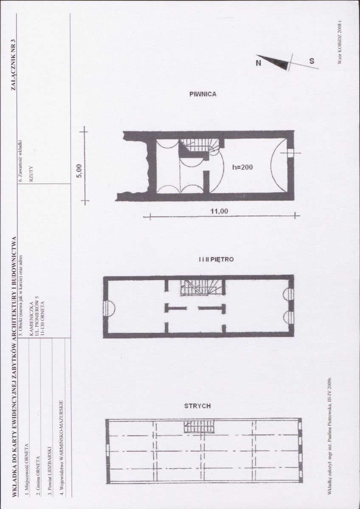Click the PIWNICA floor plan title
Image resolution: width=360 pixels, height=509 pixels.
[202, 94]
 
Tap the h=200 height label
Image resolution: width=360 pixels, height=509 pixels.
[242, 167]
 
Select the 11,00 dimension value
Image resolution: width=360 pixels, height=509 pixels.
[219, 211]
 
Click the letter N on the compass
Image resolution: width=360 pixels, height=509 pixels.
[259, 63]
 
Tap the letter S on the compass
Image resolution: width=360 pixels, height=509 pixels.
[311, 61]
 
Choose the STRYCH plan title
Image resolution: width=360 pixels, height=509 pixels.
[197, 406]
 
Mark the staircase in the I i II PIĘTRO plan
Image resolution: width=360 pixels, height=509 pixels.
[201, 287]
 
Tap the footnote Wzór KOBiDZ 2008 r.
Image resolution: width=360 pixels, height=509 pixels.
[340, 42]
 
